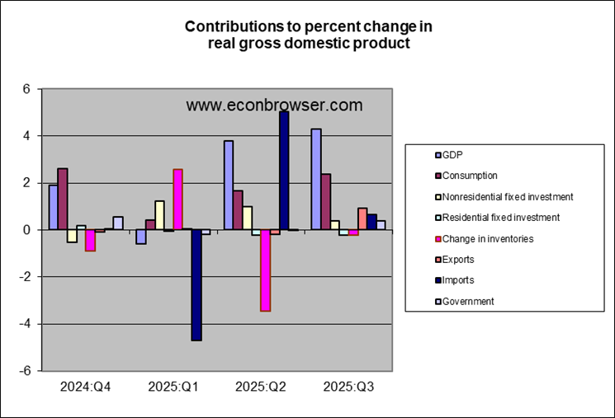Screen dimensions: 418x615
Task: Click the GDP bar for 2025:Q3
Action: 316,179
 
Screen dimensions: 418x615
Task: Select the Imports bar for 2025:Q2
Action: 284,170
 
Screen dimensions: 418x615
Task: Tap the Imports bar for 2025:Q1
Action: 196,284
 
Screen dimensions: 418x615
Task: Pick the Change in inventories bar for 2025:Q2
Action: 265,270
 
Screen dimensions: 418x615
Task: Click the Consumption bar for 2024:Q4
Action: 63,199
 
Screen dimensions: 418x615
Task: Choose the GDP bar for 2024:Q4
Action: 53,207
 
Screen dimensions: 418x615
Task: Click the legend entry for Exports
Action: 458,260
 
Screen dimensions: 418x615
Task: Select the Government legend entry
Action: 468,302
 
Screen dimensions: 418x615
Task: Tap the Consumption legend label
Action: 470,175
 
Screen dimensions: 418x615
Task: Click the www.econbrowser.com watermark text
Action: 274,106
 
